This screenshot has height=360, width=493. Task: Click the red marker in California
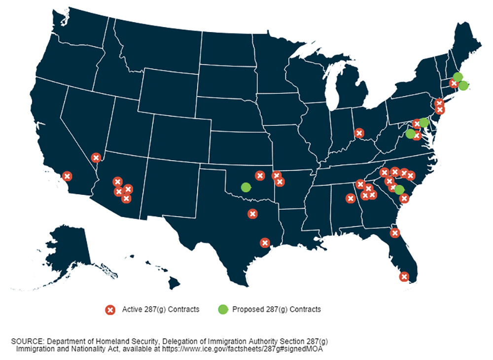pyautogui.click(x=68, y=176)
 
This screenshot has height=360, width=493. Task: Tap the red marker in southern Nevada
pyautogui.click(x=96, y=158)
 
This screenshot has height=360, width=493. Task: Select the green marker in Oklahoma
pyautogui.click(x=246, y=187)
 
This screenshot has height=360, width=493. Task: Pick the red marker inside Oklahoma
pyautogui.click(x=260, y=176)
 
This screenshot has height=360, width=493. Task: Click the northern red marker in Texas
pyautogui.click(x=252, y=214)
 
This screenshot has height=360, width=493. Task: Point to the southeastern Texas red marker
pyautogui.click(x=265, y=243)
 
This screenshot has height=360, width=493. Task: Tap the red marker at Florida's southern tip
pyautogui.click(x=404, y=277)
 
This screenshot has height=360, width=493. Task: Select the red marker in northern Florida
pyautogui.click(x=394, y=233)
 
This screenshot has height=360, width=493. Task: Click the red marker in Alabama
pyautogui.click(x=351, y=198)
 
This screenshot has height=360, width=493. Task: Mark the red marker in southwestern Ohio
pyautogui.click(x=359, y=133)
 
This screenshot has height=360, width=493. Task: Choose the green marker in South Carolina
pyautogui.click(x=399, y=190)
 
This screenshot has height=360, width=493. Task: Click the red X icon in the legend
pyautogui.click(x=110, y=310)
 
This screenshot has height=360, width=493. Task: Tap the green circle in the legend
pyautogui.click(x=223, y=310)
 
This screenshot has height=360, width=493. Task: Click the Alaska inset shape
pyautogui.click(x=64, y=256)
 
